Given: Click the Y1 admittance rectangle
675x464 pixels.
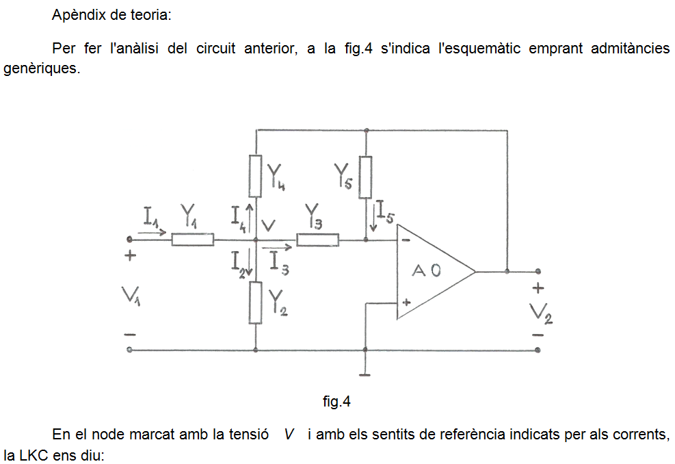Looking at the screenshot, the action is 192,240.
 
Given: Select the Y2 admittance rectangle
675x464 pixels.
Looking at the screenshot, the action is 255,302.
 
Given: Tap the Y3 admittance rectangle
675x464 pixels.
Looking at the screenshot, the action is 317,240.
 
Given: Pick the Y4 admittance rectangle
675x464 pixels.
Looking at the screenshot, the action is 255,176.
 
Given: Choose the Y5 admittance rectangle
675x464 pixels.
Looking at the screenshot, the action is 365,177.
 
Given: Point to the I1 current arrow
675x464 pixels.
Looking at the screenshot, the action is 152,233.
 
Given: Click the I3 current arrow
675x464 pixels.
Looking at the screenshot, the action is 277,247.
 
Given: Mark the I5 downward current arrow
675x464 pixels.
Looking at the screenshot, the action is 373,216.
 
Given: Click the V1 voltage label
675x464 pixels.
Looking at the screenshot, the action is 131,296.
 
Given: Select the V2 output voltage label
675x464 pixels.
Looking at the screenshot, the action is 541,313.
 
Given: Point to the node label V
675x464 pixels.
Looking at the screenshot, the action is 269,225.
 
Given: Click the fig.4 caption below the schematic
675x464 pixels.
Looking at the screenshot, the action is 336,402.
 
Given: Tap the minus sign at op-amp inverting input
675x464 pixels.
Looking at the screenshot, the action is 406,240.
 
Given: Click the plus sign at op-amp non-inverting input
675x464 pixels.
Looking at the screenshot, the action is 406,302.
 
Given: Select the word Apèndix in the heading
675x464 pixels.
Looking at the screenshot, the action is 79,16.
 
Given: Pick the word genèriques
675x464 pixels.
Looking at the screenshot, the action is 42,68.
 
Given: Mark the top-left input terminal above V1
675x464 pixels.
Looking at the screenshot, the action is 129,240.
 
